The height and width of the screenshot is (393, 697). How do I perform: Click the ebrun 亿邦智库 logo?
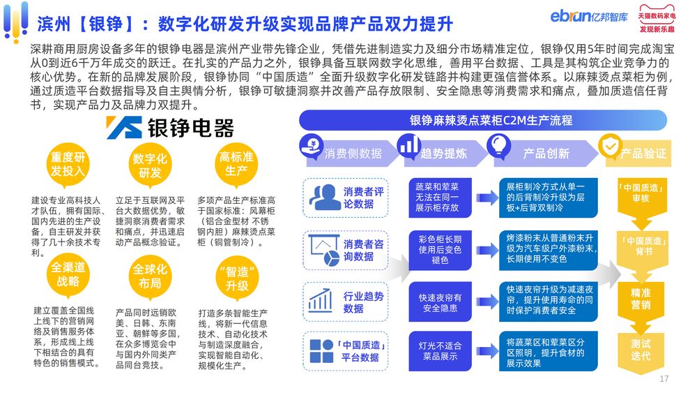pos(589,16)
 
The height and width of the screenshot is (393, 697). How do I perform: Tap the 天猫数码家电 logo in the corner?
pos(657,18)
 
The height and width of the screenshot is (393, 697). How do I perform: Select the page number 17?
pos(664,379)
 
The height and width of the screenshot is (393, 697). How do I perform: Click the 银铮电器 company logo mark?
pos(124,128)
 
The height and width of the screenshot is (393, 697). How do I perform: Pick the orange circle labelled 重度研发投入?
pos(68,164)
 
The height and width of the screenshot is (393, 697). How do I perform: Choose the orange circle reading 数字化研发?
pos(150,165)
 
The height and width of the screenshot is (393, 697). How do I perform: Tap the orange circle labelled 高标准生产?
pos(236,163)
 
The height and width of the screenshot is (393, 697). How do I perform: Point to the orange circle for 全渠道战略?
pos(68,274)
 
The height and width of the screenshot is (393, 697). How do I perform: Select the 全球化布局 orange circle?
pos(150,276)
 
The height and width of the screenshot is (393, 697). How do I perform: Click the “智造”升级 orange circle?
pos(237,278)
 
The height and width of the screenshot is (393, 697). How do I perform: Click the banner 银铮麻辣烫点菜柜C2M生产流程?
pos(483,120)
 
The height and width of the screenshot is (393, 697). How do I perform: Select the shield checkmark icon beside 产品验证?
pos(610,147)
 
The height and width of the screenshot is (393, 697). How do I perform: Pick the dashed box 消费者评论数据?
pos(346,198)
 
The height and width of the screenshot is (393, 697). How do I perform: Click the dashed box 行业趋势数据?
pos(346,302)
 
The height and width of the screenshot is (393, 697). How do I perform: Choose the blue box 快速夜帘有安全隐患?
pos(440,302)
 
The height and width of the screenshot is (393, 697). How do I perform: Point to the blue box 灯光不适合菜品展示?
pos(440,350)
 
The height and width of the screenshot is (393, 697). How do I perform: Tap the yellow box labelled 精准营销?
pos(641,299)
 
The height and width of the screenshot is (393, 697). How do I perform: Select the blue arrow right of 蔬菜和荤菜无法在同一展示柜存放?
pos(487,198)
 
